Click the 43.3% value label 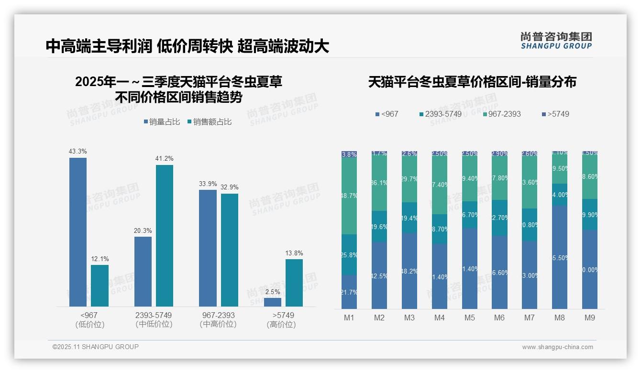coord(77,152)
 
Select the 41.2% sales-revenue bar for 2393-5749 coord(165,235)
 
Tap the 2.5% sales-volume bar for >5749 coord(273,302)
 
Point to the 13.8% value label coord(294,253)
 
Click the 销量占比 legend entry coord(162,122)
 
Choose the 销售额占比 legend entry coord(210,122)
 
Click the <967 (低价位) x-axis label coord(89,320)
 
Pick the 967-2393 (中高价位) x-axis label coord(218,320)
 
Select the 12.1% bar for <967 coord(99,285)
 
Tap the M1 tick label coord(349,318)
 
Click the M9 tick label coord(590,318)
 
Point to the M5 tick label coord(469,318)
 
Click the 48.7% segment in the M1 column coord(349,196)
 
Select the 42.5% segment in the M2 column coord(379,275)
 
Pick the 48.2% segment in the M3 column coord(409,271)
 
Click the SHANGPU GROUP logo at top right coord(556,41)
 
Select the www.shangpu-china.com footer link coord(557,347)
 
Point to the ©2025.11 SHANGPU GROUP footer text coord(96,347)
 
